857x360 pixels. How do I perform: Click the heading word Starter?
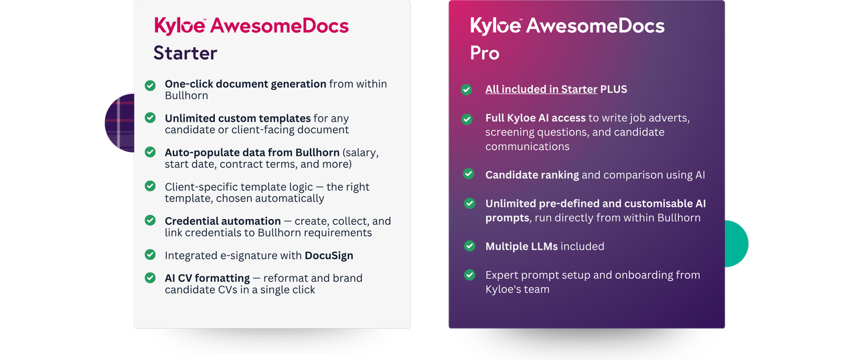(x=185, y=53)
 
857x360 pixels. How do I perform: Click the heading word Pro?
(x=485, y=53)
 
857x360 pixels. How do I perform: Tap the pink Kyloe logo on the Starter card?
(x=180, y=26)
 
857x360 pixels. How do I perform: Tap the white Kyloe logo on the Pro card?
(x=496, y=26)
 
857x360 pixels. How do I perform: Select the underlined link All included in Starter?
(x=541, y=89)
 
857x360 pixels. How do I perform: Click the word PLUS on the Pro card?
(x=614, y=89)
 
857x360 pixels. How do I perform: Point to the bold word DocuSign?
(x=329, y=256)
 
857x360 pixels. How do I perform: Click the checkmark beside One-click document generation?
(x=150, y=85)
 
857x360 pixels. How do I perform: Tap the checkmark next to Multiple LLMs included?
(x=469, y=246)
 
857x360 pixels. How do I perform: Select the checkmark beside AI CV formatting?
(x=150, y=278)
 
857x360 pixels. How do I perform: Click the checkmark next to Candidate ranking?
(x=468, y=174)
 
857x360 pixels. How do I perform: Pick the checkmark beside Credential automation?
(x=150, y=221)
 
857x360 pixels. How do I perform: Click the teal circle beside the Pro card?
(x=736, y=244)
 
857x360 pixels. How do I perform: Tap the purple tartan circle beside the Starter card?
(x=120, y=123)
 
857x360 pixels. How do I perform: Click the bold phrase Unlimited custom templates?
(x=238, y=118)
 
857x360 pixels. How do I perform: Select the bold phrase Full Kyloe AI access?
(x=535, y=118)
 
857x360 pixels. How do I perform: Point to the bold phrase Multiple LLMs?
(x=522, y=246)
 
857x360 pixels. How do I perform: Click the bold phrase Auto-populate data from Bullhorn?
(x=252, y=153)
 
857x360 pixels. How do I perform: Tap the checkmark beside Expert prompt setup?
(x=469, y=275)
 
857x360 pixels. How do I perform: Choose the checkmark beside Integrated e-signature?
(x=150, y=254)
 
